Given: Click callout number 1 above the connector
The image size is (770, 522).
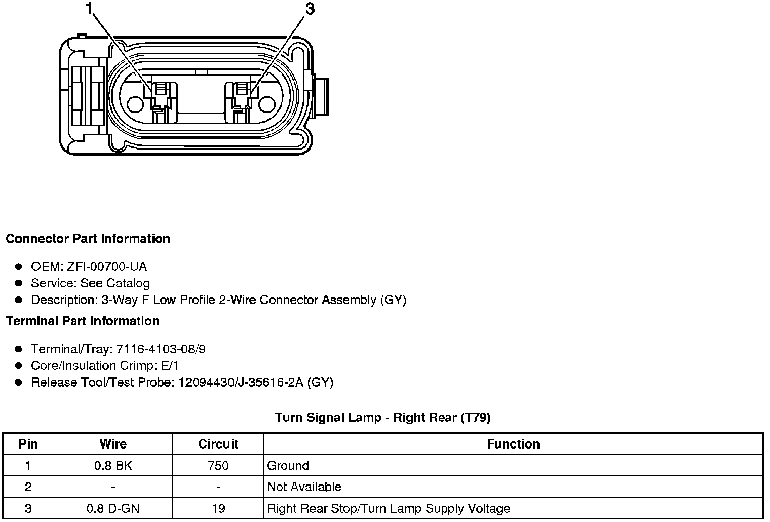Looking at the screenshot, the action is (90, 9).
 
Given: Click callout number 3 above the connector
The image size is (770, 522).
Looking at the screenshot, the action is (310, 9).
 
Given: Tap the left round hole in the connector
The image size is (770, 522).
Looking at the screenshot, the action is (135, 104).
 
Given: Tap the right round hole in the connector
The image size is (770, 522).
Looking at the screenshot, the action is (267, 104).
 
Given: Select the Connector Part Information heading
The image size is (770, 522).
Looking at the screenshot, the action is (88, 239).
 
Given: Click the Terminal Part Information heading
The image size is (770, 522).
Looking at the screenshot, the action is (83, 321).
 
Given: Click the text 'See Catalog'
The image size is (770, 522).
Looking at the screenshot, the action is (115, 283).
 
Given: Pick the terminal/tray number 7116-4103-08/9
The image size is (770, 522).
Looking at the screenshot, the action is (161, 349).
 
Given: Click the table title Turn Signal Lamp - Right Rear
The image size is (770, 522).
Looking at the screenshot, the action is (382, 418).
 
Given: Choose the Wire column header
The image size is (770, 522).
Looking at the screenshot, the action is (113, 444).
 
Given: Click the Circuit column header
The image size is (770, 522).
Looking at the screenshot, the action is (218, 444).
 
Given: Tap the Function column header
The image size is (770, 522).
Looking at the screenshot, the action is (513, 444).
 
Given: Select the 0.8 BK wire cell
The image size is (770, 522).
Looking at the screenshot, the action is (113, 466).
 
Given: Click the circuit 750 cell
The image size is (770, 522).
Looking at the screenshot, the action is (218, 466).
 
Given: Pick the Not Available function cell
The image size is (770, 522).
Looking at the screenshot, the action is (304, 487).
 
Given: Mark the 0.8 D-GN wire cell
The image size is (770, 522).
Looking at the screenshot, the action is (113, 508).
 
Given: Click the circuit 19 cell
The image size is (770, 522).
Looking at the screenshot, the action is (218, 508).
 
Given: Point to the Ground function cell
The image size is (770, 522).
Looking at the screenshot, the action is (288, 466).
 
